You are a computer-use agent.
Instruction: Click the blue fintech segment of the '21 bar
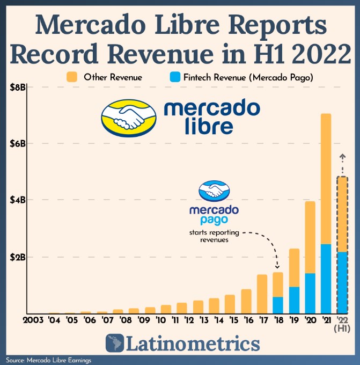tap(326, 279)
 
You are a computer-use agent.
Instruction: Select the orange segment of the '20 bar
tap(310, 237)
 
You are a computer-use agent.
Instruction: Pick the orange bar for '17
tap(262, 294)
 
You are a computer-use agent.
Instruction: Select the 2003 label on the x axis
tap(34, 321)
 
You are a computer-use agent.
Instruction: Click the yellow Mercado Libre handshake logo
tap(130, 116)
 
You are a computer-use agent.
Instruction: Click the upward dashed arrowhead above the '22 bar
tap(342, 156)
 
